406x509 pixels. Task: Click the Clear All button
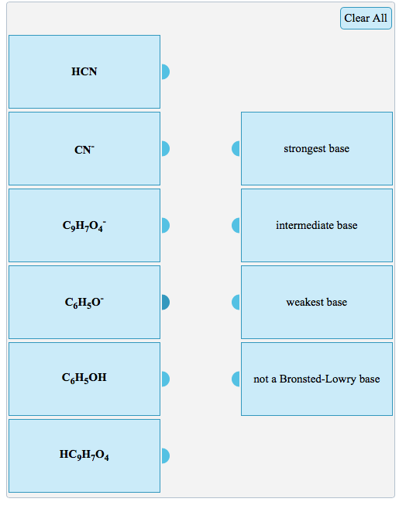366,18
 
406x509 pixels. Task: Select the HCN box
84,71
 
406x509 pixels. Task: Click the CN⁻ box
84,148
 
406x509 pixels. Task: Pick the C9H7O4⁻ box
84,225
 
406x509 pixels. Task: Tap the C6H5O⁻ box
84,302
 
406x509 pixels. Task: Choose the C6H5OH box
84,379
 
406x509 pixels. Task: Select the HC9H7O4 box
84,455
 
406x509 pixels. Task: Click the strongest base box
316,148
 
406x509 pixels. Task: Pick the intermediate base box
316,225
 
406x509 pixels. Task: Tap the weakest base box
316,302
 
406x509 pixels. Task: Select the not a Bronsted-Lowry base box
316,379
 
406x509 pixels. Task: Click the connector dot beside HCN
165,71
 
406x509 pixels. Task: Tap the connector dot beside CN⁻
165,148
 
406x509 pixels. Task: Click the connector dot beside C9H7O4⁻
165,225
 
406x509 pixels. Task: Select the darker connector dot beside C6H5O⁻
165,302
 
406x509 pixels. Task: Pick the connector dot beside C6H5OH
165,379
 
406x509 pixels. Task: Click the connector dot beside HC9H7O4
165,455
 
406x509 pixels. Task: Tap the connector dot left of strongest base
236,148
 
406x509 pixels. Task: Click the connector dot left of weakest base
236,302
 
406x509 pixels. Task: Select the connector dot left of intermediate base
236,225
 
